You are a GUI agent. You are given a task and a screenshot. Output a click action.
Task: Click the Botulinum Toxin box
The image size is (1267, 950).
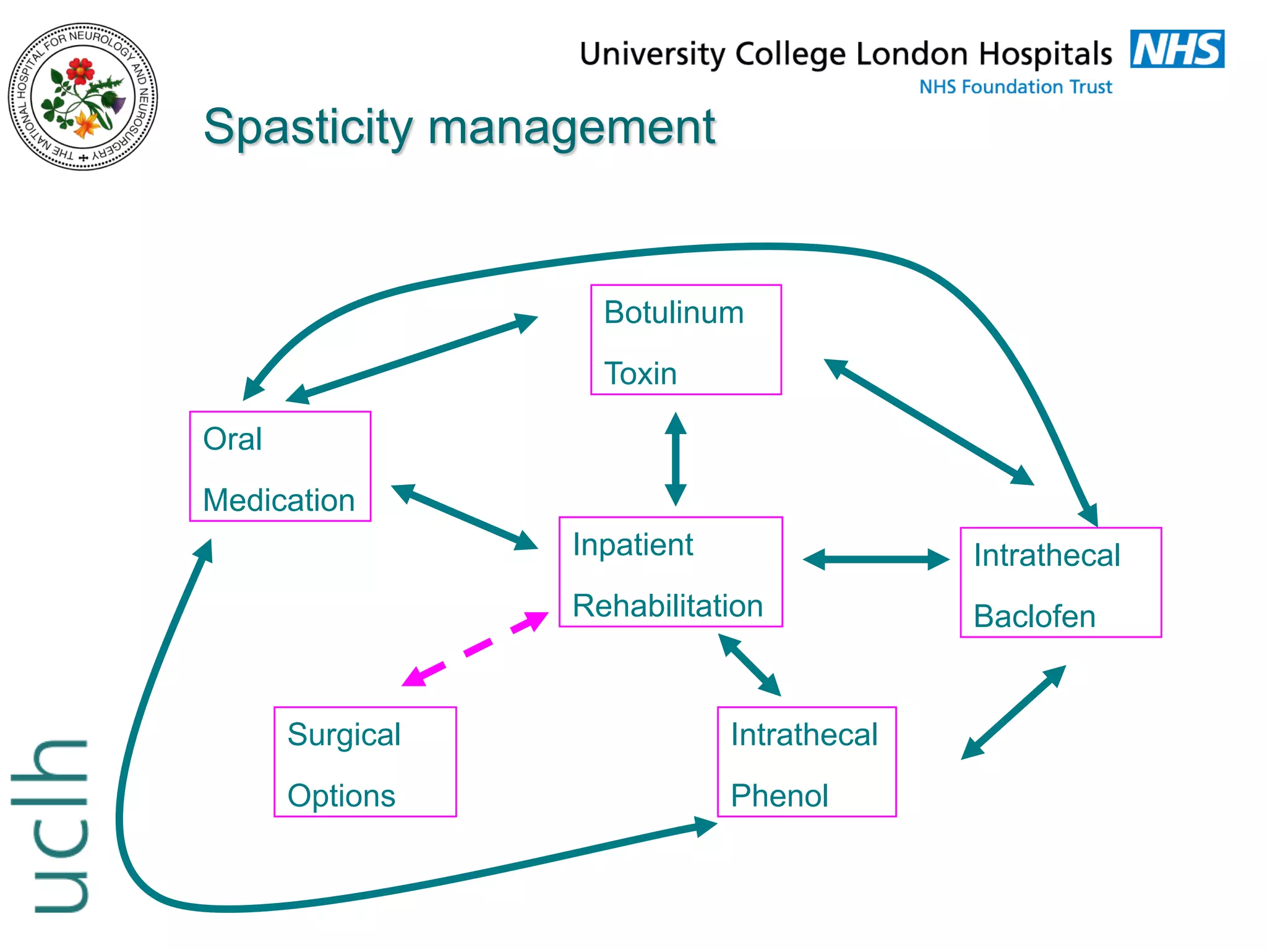point(685,340)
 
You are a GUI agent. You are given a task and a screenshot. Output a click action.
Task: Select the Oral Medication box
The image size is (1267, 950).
point(280,466)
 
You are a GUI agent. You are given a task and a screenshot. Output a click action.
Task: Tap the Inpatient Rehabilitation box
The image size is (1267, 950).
point(671,572)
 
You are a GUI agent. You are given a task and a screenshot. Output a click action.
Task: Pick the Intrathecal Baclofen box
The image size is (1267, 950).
point(1060,582)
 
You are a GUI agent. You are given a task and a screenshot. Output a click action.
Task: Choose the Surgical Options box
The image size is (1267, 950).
point(365,762)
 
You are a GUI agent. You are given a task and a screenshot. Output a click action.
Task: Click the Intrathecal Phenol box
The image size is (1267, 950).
point(806,762)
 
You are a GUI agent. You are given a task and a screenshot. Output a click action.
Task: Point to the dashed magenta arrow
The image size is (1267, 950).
point(475,649)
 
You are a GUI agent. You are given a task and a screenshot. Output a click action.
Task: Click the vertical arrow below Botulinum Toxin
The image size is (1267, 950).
point(676,459)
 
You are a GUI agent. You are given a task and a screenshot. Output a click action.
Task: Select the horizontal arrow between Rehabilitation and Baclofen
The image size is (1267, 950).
point(875,559)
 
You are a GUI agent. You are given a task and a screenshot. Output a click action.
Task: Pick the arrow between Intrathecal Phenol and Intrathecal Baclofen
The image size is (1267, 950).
point(1013,712)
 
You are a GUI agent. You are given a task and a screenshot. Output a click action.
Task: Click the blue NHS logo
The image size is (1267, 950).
point(1177,49)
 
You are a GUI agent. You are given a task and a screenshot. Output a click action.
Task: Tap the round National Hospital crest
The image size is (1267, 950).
point(83,97)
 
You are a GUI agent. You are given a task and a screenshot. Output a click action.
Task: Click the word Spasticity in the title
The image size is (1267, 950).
point(308,128)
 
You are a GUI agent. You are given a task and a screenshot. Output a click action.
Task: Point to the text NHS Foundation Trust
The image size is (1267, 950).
point(1015,87)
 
